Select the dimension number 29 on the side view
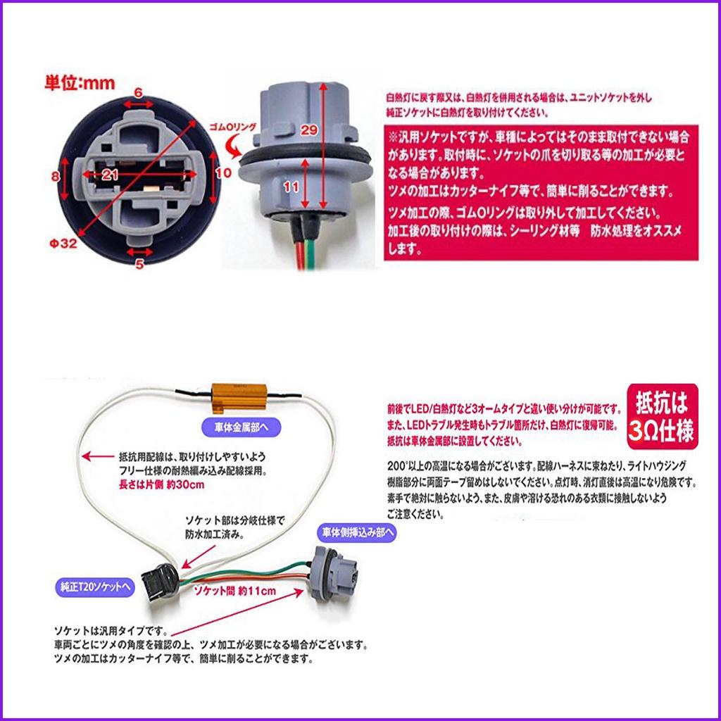pos(307,129)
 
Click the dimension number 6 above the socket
pos(138,92)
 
